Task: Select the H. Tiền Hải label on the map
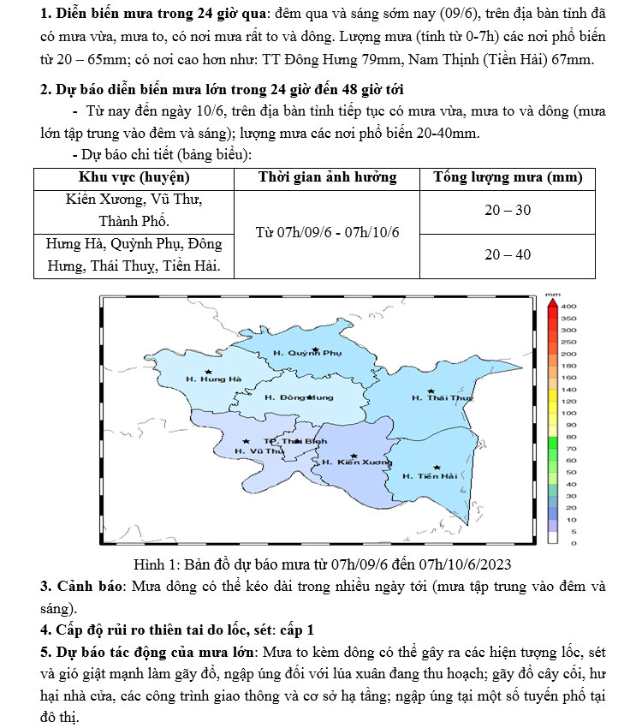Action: (x=430, y=475)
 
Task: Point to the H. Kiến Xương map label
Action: (x=357, y=462)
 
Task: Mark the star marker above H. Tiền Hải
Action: (x=437, y=468)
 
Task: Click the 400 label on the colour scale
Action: (x=569, y=306)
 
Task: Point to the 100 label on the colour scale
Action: (x=568, y=413)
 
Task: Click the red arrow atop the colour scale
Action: (x=552, y=301)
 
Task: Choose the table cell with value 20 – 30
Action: (x=508, y=211)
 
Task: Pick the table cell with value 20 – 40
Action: (x=508, y=254)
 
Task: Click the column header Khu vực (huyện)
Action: (x=134, y=177)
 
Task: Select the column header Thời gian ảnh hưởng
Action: (x=328, y=177)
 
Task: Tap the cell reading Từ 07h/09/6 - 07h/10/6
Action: (x=328, y=233)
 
